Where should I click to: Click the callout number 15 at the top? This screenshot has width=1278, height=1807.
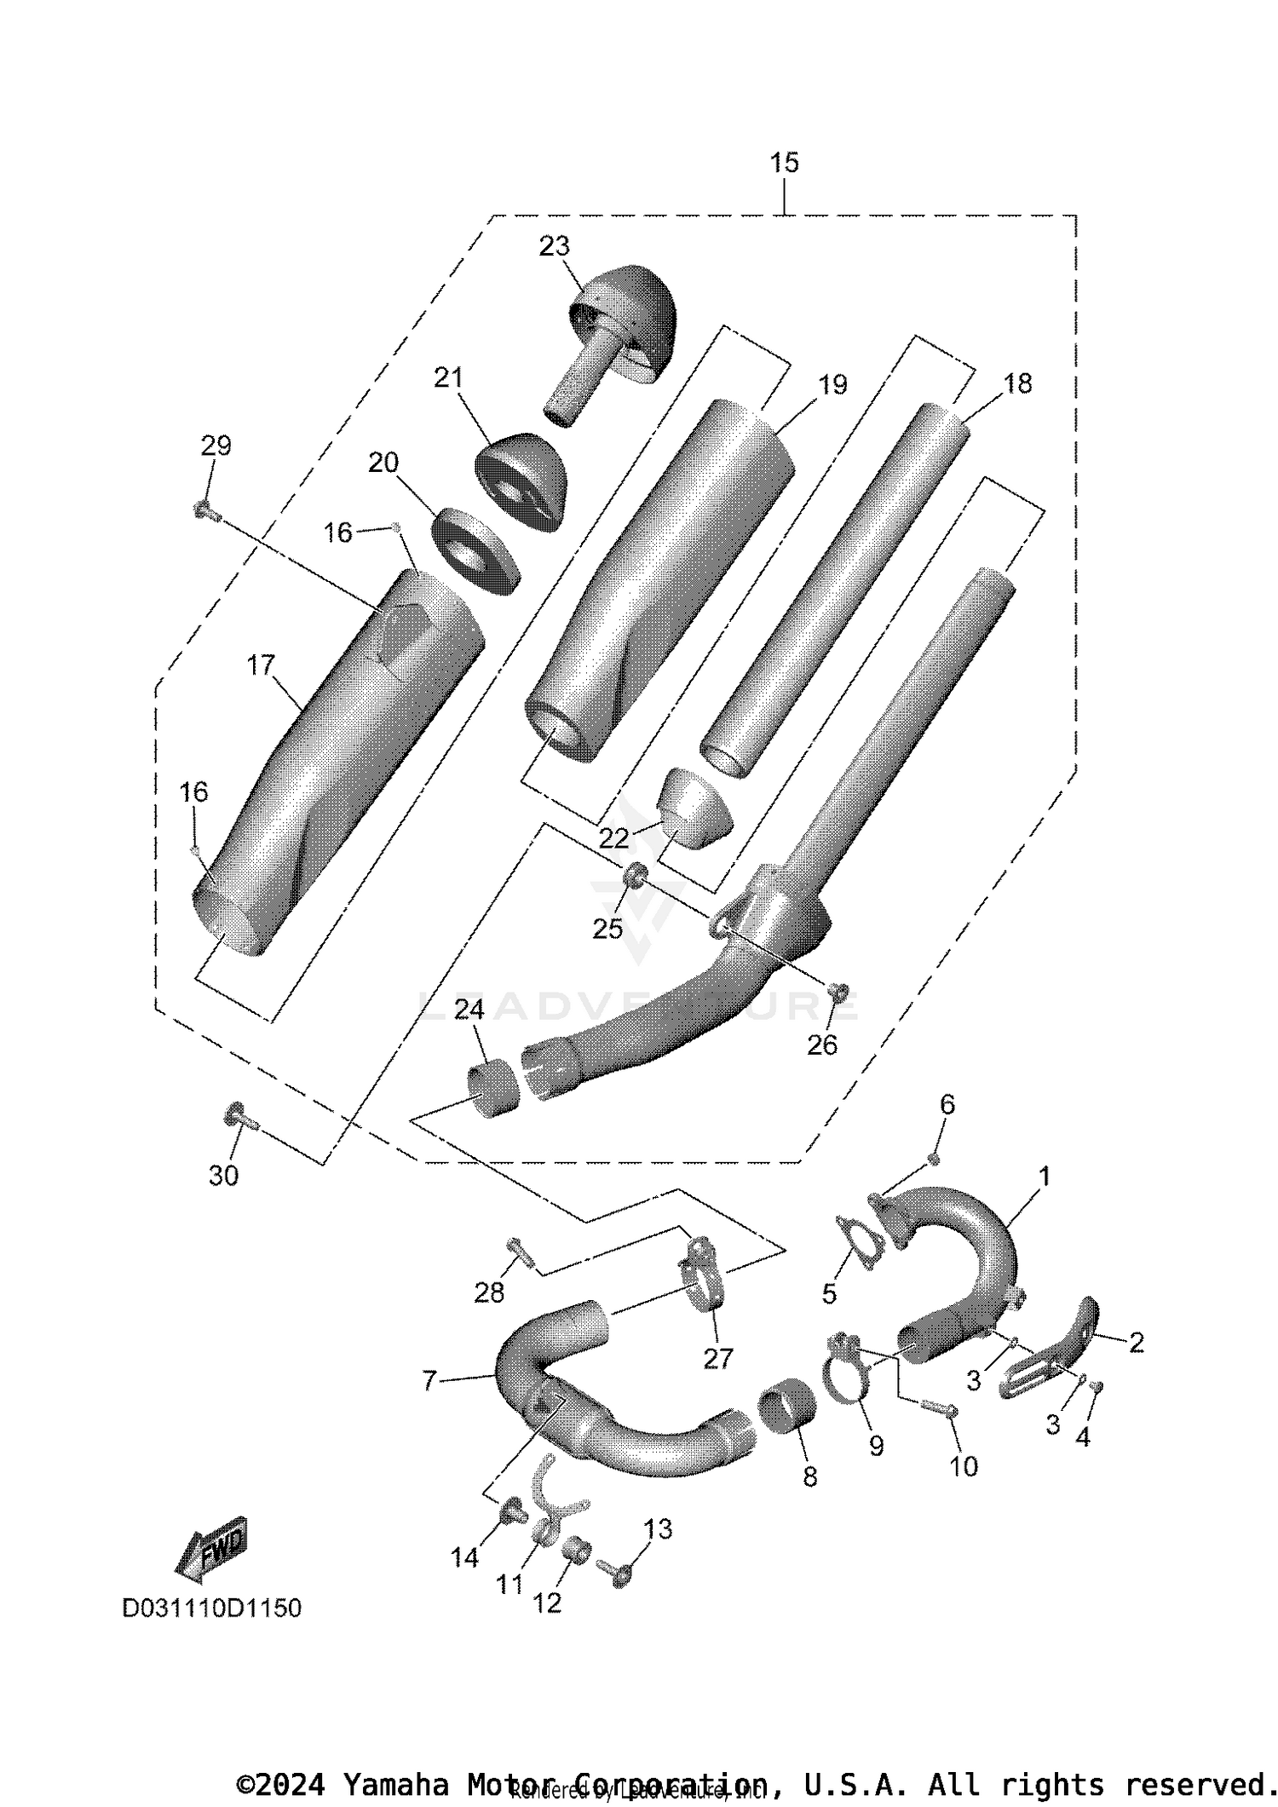coord(784,162)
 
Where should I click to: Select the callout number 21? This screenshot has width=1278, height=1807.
coord(447,377)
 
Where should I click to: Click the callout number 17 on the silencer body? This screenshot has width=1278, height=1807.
coord(261,665)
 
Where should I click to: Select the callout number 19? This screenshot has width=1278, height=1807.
coord(832,384)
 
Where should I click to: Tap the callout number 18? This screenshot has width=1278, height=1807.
coord(1017,383)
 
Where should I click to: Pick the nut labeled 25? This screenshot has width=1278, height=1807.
coord(635,875)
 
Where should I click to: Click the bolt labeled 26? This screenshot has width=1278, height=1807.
coord(838,991)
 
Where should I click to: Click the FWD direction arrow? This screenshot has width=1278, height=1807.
coord(211,1544)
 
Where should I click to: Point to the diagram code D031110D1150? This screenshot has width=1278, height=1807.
coord(212,1608)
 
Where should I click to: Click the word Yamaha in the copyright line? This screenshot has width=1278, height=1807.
coord(394,1783)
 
